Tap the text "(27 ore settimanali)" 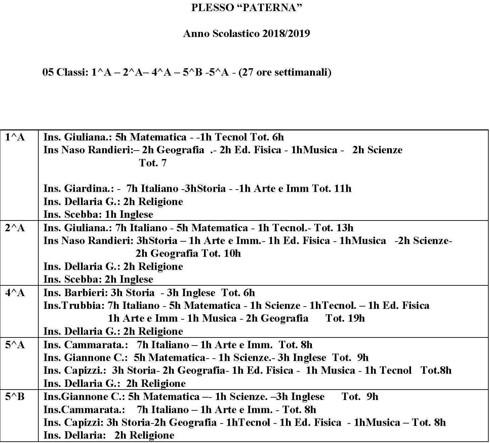[285, 72]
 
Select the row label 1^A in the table [15, 137]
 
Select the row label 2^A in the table [15, 228]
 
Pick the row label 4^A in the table [15, 293]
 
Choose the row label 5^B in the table [15, 397]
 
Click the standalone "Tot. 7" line [153, 163]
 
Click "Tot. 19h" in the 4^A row [345, 318]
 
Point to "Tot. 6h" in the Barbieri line [238, 293]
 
